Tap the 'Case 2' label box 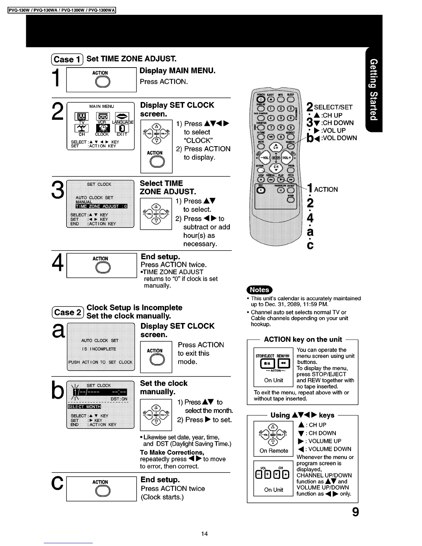(68, 312)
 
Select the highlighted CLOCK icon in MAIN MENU (102, 128)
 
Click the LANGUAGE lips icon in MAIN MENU (122, 117)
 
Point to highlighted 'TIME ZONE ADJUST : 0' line (101, 206)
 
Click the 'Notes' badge (259, 290)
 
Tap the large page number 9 (355, 512)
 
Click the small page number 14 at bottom (204, 534)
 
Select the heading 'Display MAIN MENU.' (178, 71)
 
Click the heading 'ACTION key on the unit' (303, 339)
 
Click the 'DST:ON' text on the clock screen (119, 399)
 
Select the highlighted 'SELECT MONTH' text (84, 407)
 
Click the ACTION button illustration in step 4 (102, 267)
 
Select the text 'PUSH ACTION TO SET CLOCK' (100, 362)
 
